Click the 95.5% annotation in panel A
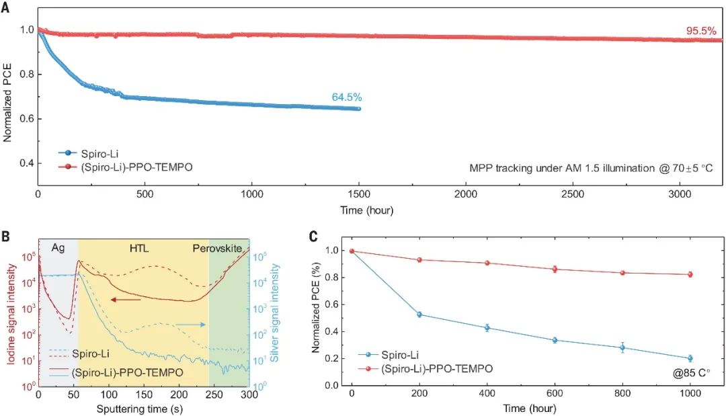click(x=702, y=30)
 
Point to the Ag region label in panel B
click(x=58, y=247)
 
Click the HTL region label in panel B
click(x=140, y=247)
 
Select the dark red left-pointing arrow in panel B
click(x=126, y=300)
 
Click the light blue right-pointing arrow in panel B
click(x=192, y=325)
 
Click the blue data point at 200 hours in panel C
click(x=419, y=315)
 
